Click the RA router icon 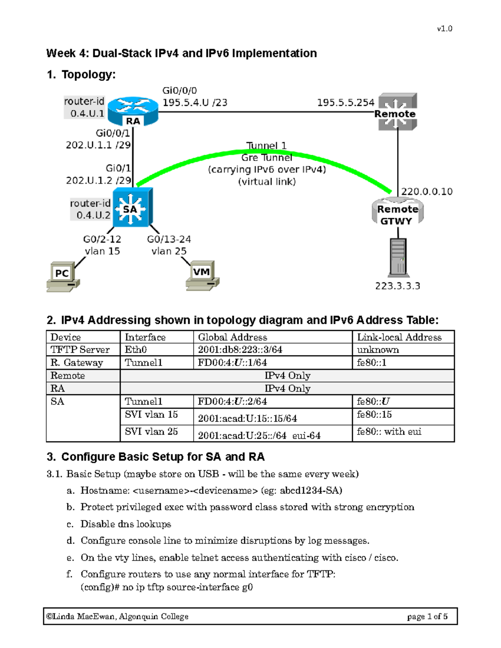point(133,111)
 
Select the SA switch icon point(132,208)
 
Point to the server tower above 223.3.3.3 point(398,257)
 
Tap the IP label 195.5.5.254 point(345,103)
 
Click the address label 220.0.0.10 point(427,192)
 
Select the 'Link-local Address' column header point(399,337)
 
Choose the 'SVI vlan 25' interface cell point(152,431)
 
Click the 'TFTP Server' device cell point(80,350)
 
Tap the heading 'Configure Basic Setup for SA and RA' point(163,457)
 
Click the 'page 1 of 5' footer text point(427,616)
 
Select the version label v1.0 point(445,29)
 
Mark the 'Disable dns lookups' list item point(126,524)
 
